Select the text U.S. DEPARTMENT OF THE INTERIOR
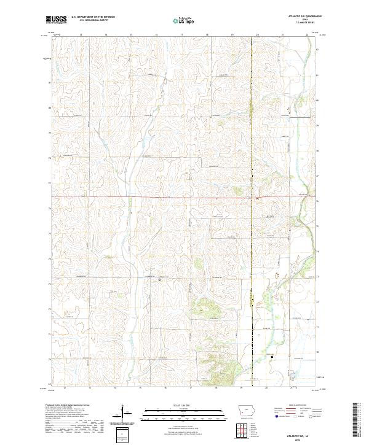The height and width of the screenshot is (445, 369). click(93, 17)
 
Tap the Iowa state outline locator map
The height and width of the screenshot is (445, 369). click(246, 411)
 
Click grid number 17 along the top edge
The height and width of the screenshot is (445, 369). click(182, 35)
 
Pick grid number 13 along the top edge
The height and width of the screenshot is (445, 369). click(81, 35)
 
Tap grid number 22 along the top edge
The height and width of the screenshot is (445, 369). click(307, 35)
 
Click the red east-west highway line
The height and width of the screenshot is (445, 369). click(154, 197)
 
